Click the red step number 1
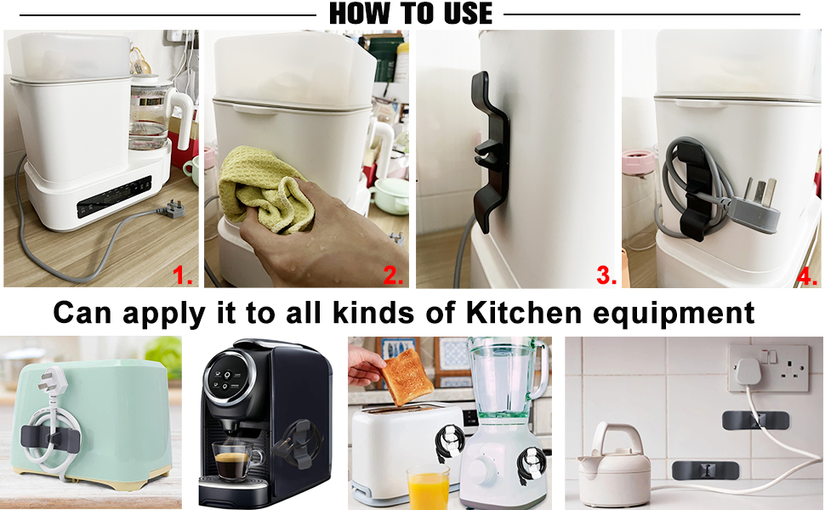tap(182, 275)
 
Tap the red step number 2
tap(393, 275)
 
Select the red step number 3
tap(606, 275)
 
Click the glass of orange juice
tap(427, 487)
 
